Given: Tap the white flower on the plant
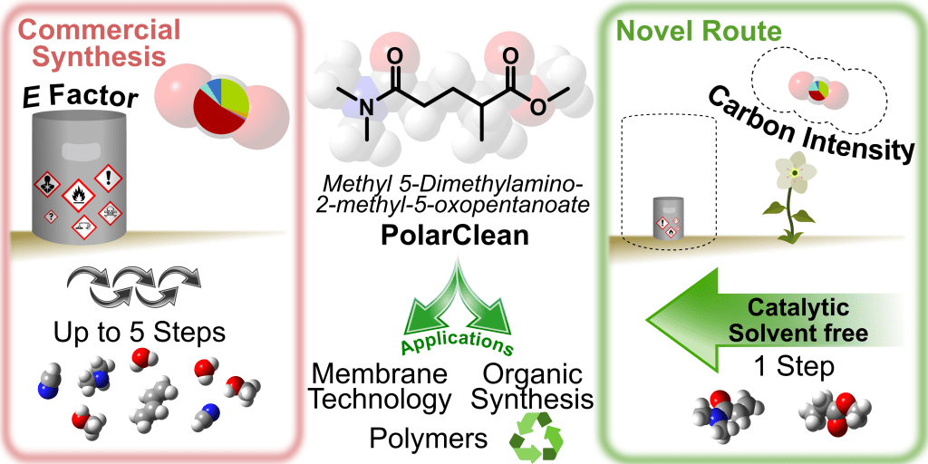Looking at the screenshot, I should point(797,172).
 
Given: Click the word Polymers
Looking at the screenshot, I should point(430,438).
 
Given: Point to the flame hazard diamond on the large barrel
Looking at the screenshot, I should point(78,193).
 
